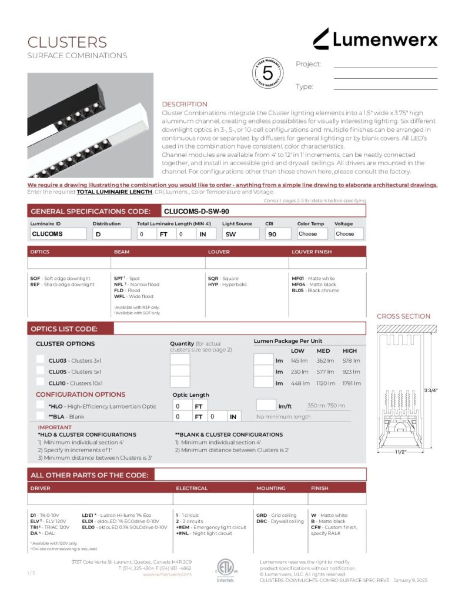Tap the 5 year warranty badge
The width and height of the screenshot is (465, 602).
click(x=267, y=73)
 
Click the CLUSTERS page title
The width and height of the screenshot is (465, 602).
click(x=67, y=42)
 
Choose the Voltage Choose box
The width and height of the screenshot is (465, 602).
click(x=349, y=233)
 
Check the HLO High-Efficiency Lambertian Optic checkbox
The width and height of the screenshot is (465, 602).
click(x=40, y=406)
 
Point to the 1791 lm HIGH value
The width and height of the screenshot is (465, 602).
click(x=351, y=383)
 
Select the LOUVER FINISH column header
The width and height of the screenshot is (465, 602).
click(x=312, y=252)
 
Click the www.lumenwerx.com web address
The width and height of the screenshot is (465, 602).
click(x=167, y=574)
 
